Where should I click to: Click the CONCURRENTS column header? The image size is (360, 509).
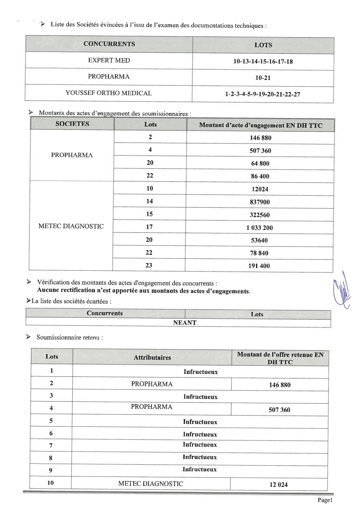[x=109, y=44]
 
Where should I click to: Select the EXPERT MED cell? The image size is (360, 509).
[x=109, y=60]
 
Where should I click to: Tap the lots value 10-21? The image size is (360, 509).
[x=263, y=78]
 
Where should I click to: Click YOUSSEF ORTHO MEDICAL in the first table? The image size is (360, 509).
[x=109, y=93]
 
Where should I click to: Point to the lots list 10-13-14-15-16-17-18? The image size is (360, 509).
[x=263, y=62]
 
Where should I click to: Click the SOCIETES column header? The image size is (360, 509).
[x=72, y=124]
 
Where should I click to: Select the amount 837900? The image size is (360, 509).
[x=260, y=202]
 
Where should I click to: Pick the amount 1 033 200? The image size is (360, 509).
[x=260, y=228]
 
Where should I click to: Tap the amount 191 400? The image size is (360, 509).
[x=259, y=266]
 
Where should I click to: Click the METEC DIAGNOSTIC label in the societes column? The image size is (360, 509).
[x=71, y=226]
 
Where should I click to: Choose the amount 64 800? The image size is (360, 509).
[x=260, y=163]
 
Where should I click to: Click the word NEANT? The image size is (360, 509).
[x=185, y=323]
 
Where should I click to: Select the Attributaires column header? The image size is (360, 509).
[x=152, y=358]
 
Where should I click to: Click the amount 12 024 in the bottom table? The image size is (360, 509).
[x=278, y=485]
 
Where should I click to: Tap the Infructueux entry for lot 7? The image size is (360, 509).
[x=200, y=445]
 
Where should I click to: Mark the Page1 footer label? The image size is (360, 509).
[x=325, y=500]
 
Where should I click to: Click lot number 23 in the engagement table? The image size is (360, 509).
[x=149, y=265]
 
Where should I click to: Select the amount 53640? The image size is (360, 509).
[x=259, y=240]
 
